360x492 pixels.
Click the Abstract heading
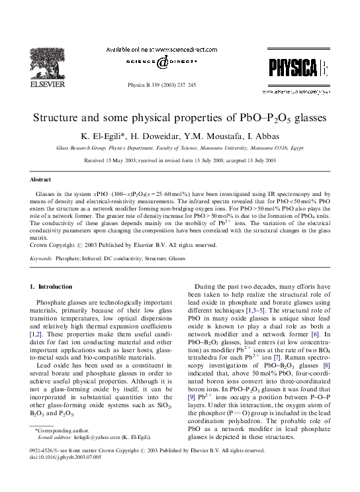pos(41,179)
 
